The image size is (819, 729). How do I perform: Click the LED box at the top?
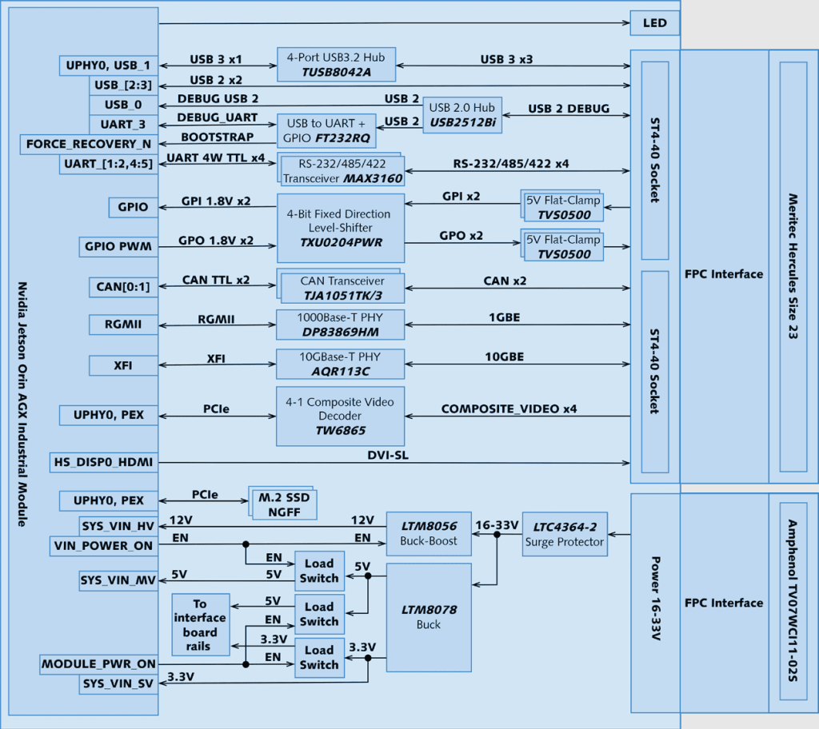655,23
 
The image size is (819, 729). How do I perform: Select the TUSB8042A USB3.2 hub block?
336,64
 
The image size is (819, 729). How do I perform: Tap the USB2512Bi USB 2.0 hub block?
462,115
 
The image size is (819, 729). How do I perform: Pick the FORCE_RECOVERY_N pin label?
89,145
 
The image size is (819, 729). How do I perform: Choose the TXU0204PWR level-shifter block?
340,227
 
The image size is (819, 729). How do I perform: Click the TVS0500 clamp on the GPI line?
561,207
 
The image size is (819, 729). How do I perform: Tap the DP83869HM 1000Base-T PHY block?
340,325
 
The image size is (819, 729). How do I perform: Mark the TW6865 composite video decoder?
340,416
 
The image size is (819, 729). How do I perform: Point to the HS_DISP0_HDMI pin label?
103,462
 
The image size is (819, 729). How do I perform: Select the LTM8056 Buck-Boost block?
428,533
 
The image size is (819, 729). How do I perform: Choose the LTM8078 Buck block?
428,617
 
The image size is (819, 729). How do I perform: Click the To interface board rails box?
200,624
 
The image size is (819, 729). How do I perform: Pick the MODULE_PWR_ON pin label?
98,664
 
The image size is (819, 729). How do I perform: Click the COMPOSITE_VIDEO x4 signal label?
509,409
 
